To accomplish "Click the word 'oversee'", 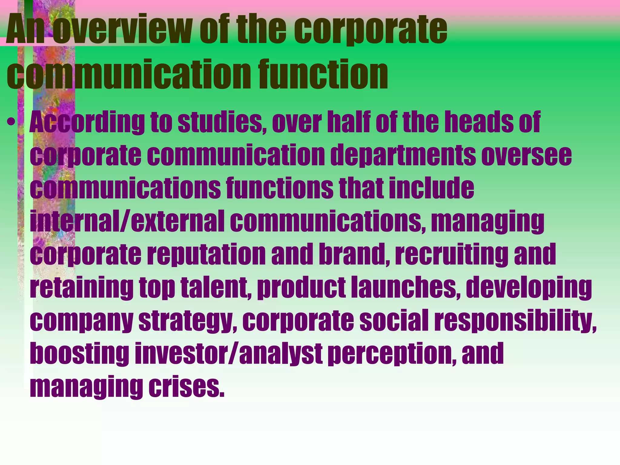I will (x=526, y=155).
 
